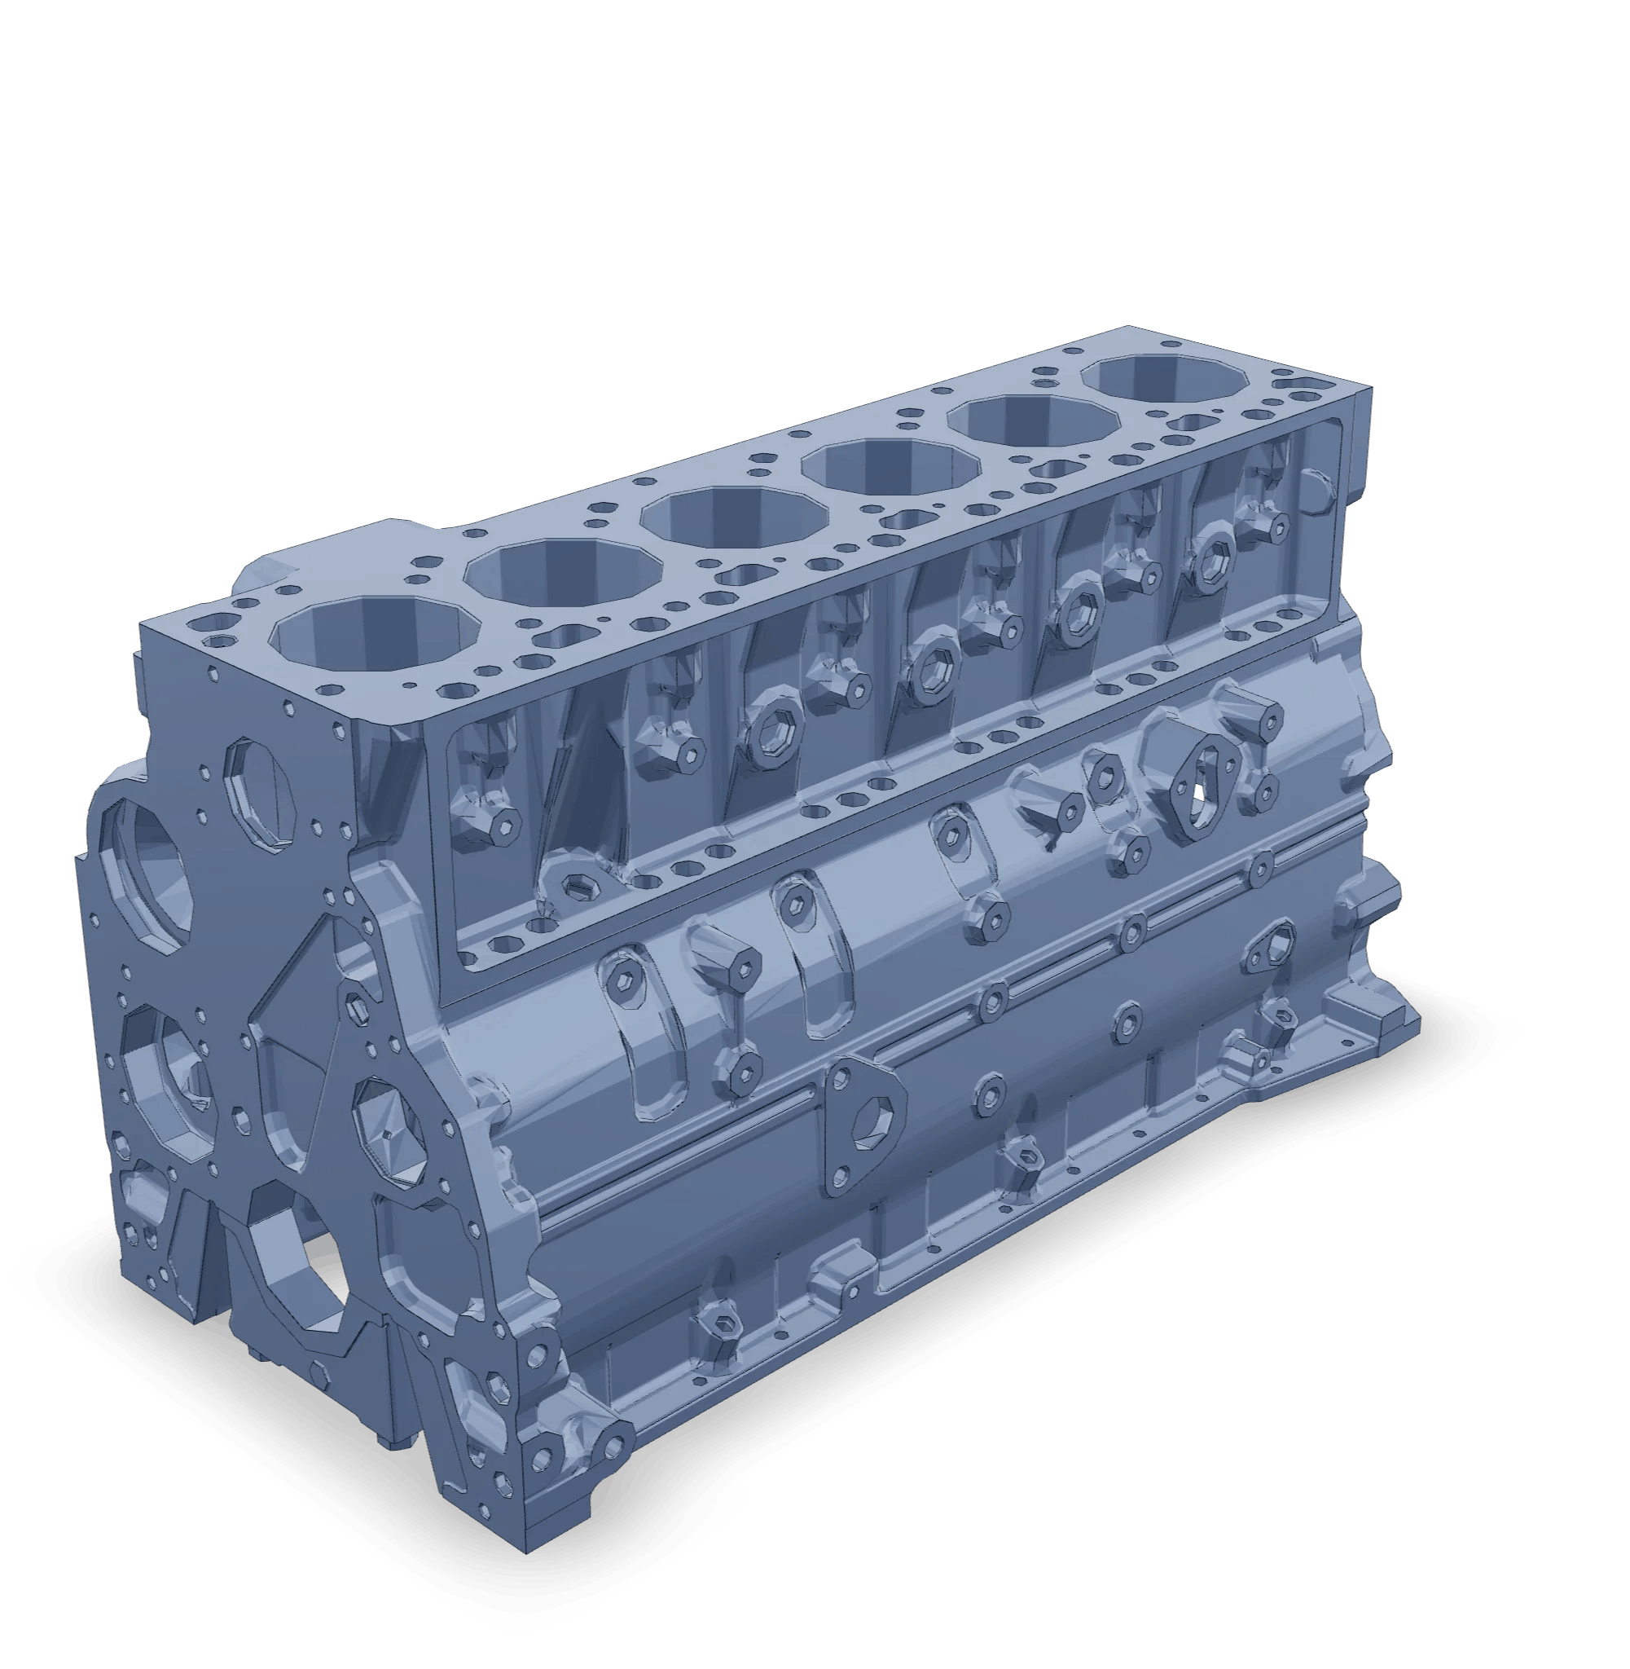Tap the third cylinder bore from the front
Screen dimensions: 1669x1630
click(x=735, y=520)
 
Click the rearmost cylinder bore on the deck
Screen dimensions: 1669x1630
click(x=1164, y=385)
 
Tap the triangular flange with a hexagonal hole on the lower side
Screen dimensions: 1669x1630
click(x=864, y=1123)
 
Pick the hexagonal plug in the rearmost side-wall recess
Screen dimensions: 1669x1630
click(x=1211, y=561)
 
